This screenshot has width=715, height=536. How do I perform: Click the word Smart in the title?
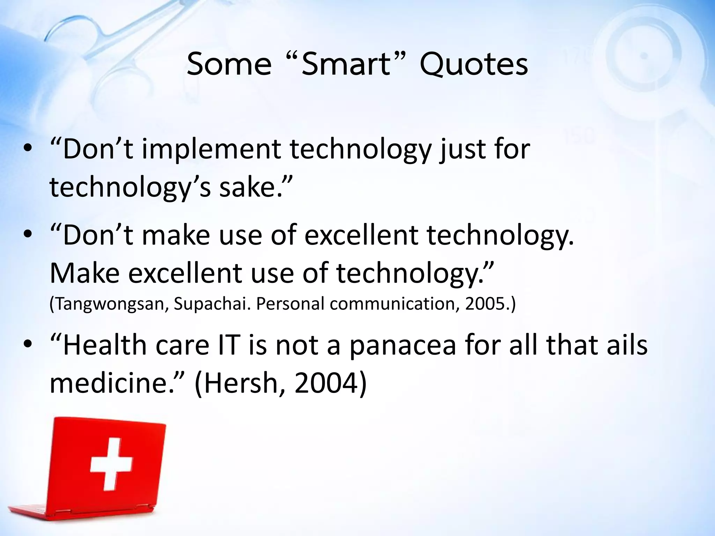point(346,65)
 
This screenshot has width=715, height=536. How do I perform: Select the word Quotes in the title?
point(474,65)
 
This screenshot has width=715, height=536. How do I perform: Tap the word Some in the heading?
point(229,65)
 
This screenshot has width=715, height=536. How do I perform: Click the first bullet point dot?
point(28,149)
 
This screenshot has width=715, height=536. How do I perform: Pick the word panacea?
point(403,345)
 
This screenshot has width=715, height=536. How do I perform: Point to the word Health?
point(105,345)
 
